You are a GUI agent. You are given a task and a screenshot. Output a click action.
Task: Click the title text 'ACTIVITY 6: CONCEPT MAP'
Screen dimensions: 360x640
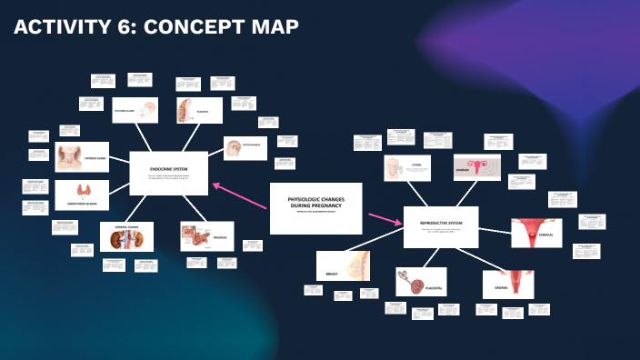(155, 28)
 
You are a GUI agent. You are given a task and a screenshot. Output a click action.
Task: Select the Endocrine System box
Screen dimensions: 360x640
(169, 173)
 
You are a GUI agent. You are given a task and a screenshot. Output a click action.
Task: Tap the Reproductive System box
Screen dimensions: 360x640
(440, 226)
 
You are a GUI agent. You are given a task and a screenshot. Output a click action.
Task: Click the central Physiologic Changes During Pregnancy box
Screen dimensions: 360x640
(315, 207)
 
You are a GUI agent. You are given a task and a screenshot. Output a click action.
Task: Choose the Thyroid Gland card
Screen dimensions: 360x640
(82, 156)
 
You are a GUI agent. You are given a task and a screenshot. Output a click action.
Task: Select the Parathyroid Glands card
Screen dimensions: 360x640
(82, 195)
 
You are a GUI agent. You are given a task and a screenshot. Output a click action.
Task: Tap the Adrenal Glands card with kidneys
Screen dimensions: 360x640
(126, 236)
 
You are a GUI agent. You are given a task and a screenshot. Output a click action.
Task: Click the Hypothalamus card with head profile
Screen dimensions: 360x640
(245, 148)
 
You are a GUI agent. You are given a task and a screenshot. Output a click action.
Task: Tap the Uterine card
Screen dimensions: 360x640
(405, 168)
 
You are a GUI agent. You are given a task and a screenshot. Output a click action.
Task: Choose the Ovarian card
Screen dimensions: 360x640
(476, 167)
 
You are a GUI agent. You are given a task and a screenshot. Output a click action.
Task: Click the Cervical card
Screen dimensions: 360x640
(536, 234)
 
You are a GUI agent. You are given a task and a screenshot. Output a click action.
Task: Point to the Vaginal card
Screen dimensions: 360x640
(507, 284)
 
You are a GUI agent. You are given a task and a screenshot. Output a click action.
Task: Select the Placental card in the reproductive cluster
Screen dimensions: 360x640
(421, 282)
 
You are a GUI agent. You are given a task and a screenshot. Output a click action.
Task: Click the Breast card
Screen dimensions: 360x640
(345, 265)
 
